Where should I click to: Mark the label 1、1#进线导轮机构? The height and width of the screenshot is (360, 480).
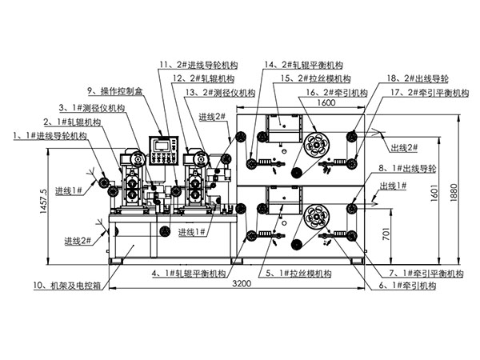point(50,137)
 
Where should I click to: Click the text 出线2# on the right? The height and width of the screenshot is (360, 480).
point(405,148)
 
